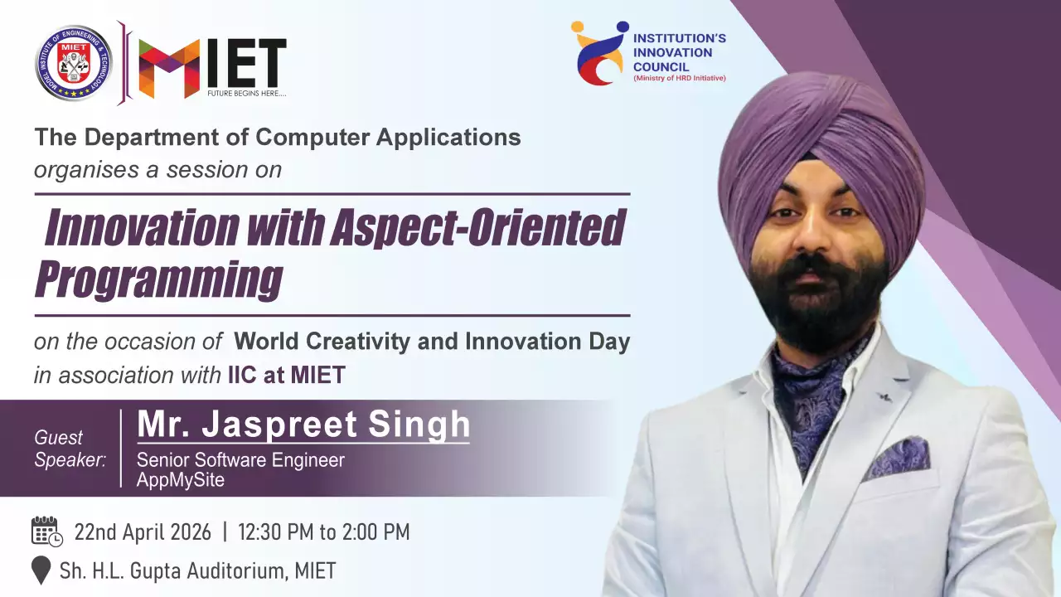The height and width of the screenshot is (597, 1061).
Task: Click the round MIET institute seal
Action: coord(74,63)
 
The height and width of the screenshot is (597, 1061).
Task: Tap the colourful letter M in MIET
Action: coord(169,68)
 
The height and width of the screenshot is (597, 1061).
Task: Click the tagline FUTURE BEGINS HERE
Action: coord(247,94)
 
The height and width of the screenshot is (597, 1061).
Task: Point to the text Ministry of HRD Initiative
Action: coord(680,78)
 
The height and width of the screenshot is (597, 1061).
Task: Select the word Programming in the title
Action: coord(159,279)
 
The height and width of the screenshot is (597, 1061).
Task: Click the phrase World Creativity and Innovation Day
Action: coord(432,341)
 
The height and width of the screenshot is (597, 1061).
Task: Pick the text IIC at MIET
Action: coord(287,376)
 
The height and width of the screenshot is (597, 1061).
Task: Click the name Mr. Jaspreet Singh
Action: coord(303,425)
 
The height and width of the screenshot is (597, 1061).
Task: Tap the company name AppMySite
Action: coord(181,480)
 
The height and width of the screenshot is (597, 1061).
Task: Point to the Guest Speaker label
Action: coord(70,449)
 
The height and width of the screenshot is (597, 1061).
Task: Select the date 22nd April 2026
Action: coord(143,532)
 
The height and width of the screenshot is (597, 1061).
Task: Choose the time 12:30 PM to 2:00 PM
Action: coord(324,532)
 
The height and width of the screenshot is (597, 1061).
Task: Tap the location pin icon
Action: coord(41,570)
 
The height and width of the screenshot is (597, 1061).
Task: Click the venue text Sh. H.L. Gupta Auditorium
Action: coord(173,571)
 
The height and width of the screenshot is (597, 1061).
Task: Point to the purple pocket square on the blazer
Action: coord(897,458)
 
